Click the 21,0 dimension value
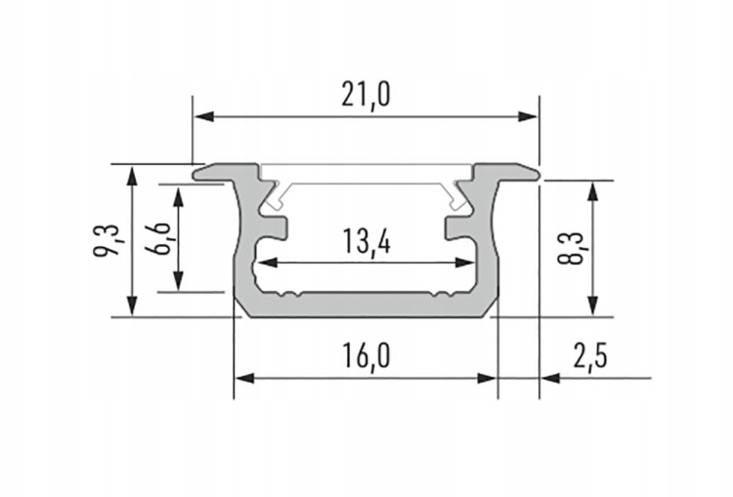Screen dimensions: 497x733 366,95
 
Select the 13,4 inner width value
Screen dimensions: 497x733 366,241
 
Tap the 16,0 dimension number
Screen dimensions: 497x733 366,356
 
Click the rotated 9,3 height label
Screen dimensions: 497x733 109,239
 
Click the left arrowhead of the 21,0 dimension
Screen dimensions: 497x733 202,117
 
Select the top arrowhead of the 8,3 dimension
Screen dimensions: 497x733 591,189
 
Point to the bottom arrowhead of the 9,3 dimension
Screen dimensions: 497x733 131,307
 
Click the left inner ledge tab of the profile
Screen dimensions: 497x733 277,228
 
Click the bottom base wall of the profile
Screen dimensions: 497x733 366,307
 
